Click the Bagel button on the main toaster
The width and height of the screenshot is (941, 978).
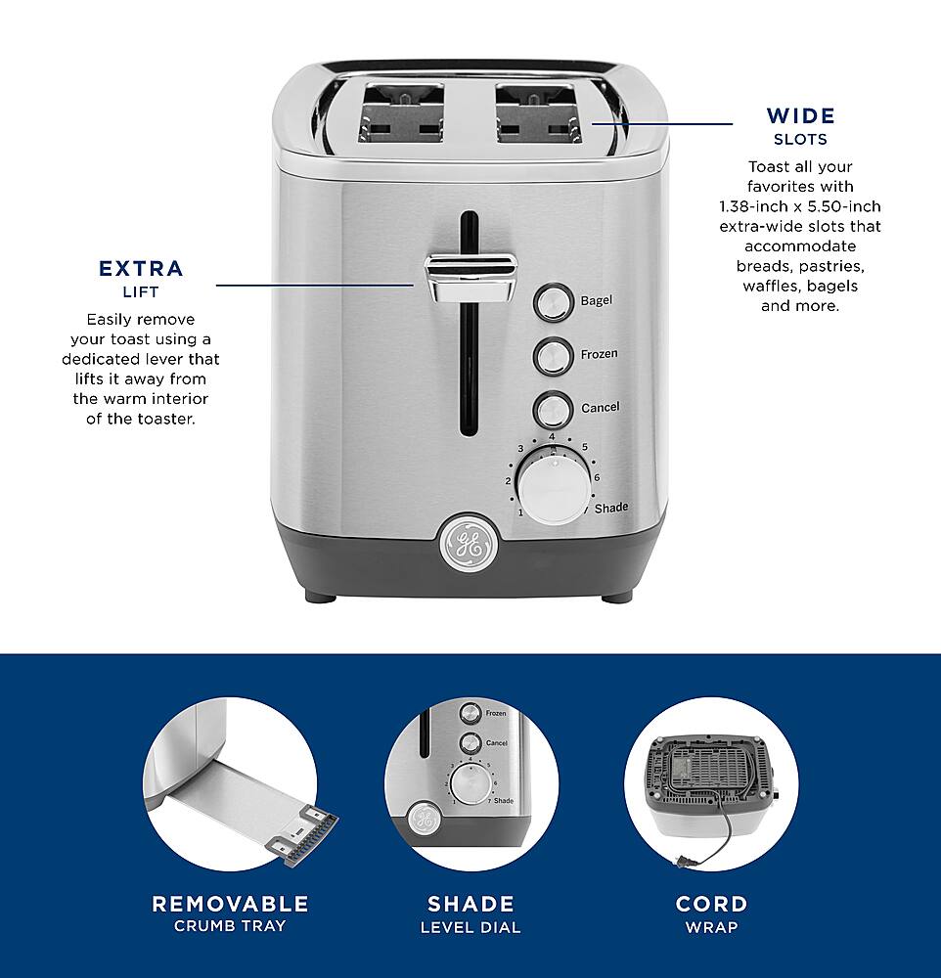pos(553,302)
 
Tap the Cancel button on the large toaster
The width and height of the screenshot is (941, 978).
pos(553,408)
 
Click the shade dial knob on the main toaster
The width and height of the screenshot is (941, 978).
pos(554,481)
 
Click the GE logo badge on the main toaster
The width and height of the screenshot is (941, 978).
pos(468,543)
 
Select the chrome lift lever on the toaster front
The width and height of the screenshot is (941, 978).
pos(470,275)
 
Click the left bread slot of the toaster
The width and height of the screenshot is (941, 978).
pos(403,111)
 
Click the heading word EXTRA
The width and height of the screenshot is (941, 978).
pos(141,269)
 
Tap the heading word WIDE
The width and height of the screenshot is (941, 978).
pos(800,116)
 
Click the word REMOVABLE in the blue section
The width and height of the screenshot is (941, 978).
pos(230,904)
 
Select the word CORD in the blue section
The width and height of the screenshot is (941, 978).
pos(711,904)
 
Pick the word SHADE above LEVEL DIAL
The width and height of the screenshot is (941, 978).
pos(470,904)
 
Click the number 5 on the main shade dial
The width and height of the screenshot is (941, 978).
pos(584,448)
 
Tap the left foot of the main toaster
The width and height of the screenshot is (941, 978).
pos(319,594)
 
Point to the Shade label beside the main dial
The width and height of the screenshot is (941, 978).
pos(610,508)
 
